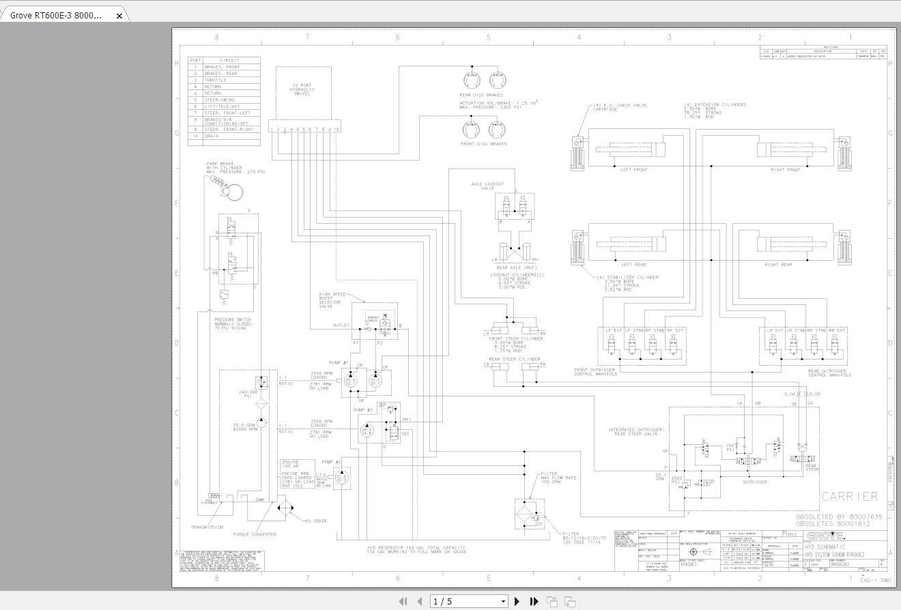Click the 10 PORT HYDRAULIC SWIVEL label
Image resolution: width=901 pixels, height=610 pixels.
(x=301, y=89)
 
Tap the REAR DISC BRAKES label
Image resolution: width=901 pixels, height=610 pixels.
(x=481, y=95)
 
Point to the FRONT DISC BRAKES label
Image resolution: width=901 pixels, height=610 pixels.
(x=483, y=144)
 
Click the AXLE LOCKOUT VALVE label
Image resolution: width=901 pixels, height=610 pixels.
(x=487, y=186)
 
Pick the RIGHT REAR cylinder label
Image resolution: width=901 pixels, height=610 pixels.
(x=778, y=264)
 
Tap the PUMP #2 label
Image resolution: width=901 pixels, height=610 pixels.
(x=331, y=462)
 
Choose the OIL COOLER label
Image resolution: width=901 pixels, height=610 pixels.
(x=315, y=521)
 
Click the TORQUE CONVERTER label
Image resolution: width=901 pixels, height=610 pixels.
(x=254, y=534)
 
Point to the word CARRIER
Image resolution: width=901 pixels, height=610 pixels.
(x=849, y=496)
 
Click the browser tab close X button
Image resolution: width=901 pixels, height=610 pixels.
(x=119, y=15)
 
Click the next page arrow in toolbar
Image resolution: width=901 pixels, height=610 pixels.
(x=517, y=601)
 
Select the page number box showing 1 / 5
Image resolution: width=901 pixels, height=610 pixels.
(x=469, y=601)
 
